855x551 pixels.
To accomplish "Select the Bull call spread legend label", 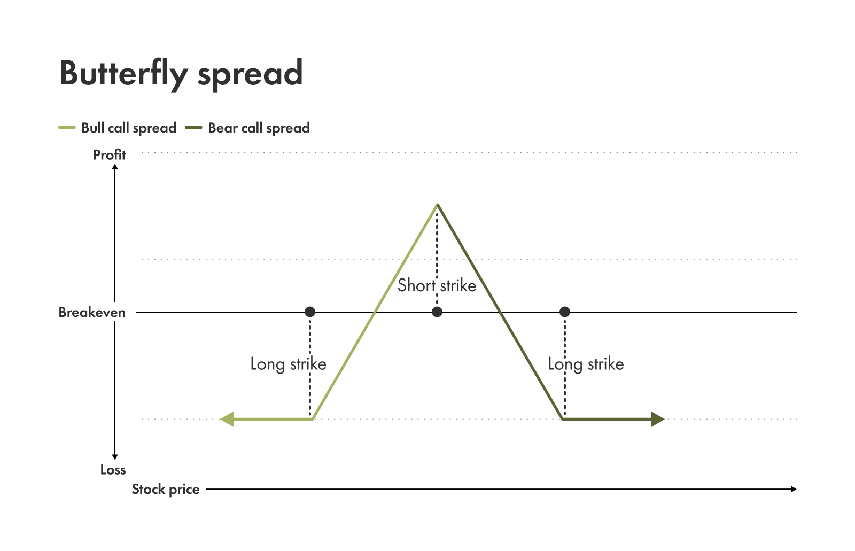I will click(129, 128).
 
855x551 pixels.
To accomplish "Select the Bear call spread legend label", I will click(259, 128).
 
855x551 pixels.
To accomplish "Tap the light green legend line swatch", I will click(67, 128).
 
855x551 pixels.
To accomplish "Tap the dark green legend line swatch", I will click(193, 128).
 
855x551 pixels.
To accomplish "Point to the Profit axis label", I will click(109, 155).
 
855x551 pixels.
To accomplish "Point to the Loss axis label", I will click(113, 470).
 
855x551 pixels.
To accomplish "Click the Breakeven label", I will click(92, 313).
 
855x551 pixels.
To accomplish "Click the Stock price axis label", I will click(166, 490).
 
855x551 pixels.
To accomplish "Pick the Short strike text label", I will click(437, 285).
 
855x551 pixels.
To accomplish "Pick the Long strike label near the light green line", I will click(288, 364).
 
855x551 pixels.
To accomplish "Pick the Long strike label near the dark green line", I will click(586, 364).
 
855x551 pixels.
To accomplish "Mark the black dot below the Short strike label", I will click(437, 312).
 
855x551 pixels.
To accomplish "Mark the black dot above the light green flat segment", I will click(310, 312).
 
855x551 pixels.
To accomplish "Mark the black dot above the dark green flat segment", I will click(565, 312).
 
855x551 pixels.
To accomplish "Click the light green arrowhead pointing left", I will click(227, 420).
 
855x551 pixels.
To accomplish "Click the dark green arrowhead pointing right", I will click(658, 420).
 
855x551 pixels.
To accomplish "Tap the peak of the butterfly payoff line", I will click(438, 205).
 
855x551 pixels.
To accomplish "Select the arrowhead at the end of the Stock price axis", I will click(794, 489).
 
